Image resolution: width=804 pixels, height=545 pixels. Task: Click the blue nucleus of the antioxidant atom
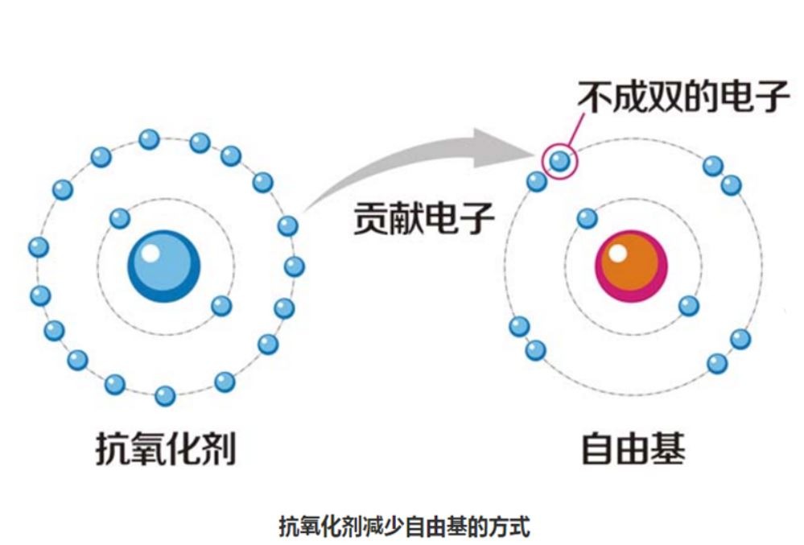pos(164,266)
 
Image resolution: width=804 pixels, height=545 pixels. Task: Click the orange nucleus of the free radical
pos(632,266)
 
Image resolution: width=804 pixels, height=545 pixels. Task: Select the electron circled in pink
pos(559,161)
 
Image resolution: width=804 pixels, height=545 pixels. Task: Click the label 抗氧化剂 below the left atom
pos(166,448)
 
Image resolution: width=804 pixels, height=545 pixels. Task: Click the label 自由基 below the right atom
pos(633,448)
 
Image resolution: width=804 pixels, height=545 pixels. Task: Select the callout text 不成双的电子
pos(683,97)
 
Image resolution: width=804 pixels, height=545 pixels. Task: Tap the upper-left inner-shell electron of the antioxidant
pos(120,218)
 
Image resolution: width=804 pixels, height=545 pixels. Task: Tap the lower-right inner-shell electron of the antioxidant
pos(221,306)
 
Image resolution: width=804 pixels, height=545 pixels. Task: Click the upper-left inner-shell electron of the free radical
pos(588,218)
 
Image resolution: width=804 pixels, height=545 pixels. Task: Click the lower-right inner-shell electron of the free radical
pos(688,306)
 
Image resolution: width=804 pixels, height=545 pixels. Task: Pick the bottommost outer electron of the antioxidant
pos(165,395)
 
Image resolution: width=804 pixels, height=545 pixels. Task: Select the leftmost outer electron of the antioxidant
pos(38,247)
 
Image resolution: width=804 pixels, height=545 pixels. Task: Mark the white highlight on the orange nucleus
pos(617,254)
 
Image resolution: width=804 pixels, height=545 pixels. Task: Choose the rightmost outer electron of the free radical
pos(740,339)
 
